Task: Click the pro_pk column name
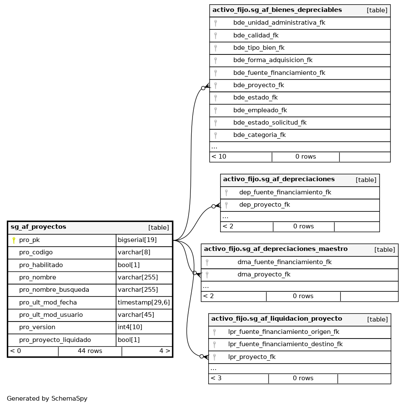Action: click(29, 240)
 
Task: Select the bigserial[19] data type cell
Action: click(137, 240)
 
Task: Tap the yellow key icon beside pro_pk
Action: click(14, 240)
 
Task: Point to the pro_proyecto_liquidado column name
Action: click(55, 340)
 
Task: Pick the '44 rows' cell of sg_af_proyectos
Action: click(90, 351)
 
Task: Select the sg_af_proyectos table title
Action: click(38, 227)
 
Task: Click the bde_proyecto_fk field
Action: click(258, 85)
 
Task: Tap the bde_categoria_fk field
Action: click(259, 135)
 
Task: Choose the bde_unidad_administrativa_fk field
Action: click(279, 23)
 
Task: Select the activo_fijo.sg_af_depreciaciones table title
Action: click(278, 179)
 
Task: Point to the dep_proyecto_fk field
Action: click(264, 205)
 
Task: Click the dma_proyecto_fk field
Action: click(263, 274)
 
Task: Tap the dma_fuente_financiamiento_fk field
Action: click(284, 262)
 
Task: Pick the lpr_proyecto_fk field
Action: click(252, 357)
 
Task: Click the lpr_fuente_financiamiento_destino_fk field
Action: click(285, 344)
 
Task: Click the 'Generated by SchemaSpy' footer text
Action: click(47, 398)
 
